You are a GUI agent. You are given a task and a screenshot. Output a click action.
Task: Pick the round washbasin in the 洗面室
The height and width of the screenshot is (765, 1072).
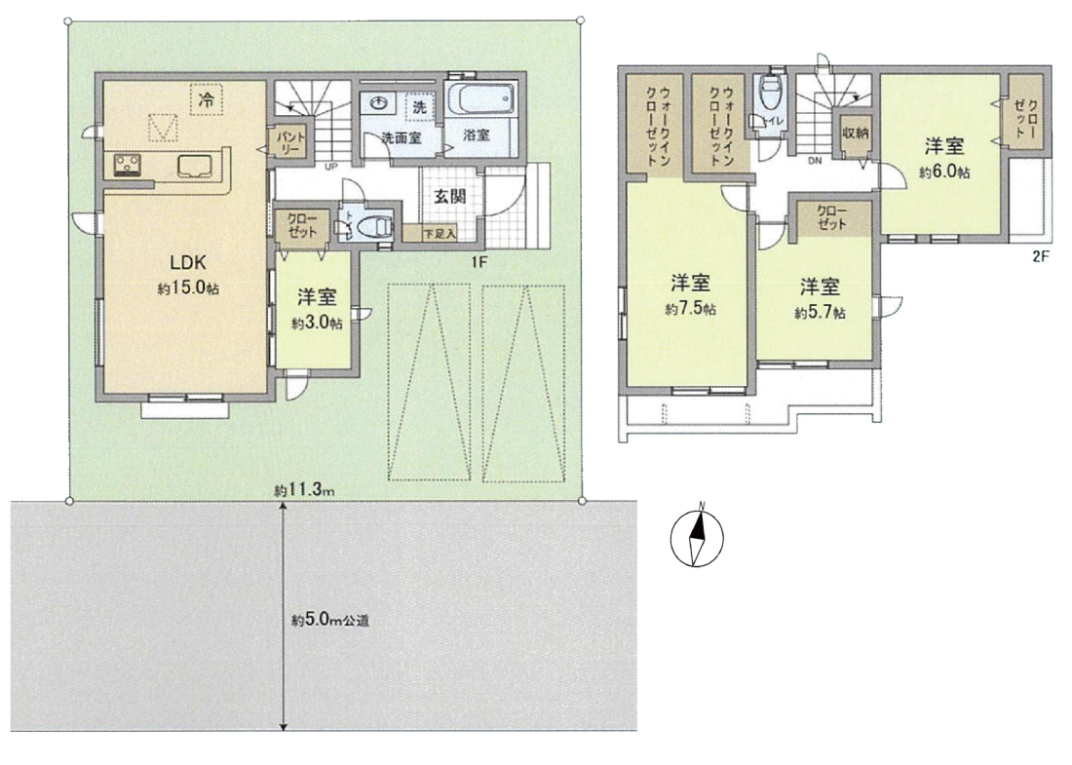(x=378, y=103)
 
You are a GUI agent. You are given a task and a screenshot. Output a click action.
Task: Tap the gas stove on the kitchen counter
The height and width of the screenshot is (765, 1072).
(x=127, y=165)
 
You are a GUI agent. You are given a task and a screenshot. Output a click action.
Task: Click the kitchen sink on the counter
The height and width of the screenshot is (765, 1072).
(x=194, y=165)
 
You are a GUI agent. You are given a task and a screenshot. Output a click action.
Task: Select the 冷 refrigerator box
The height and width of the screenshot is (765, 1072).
(x=205, y=100)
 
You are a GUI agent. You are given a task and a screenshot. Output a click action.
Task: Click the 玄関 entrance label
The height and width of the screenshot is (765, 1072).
(x=450, y=196)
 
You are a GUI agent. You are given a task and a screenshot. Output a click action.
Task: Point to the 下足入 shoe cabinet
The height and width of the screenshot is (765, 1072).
(x=431, y=234)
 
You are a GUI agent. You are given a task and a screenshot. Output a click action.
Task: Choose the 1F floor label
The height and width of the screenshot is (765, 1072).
(x=478, y=261)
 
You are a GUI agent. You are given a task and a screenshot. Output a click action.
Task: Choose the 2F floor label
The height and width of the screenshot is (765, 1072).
(x=1040, y=257)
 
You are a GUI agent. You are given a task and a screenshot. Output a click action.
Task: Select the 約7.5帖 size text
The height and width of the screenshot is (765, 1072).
(x=691, y=309)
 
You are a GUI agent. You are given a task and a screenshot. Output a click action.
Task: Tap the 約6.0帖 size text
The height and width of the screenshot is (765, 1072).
(x=944, y=172)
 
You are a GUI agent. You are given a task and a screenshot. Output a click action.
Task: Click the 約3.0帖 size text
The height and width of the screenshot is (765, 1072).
(x=317, y=324)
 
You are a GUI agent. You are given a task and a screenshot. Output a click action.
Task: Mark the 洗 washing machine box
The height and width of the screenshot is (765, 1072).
(x=419, y=106)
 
